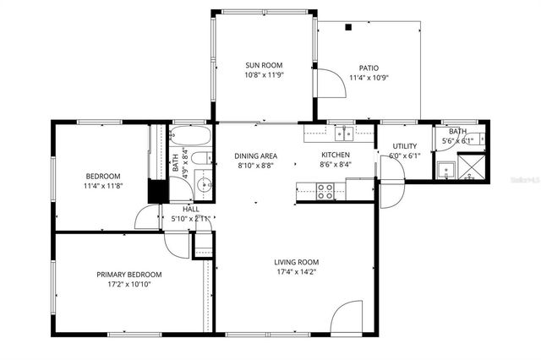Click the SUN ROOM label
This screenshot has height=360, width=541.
264,65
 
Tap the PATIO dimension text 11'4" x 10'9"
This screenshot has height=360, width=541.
369,79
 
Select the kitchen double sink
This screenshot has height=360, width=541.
343,132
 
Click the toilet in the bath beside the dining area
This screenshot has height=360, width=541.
200,158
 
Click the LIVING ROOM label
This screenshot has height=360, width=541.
295,262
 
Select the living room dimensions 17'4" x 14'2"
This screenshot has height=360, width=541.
295,272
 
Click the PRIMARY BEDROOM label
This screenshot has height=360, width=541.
128,275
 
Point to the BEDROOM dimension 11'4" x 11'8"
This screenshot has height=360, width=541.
103,186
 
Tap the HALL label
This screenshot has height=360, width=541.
191,208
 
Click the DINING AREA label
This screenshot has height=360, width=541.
256,155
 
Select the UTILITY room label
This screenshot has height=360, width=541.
404,146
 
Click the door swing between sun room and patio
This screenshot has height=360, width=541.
325,81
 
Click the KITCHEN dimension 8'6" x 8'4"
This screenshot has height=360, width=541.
335,166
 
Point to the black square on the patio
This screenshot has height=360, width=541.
347,27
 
